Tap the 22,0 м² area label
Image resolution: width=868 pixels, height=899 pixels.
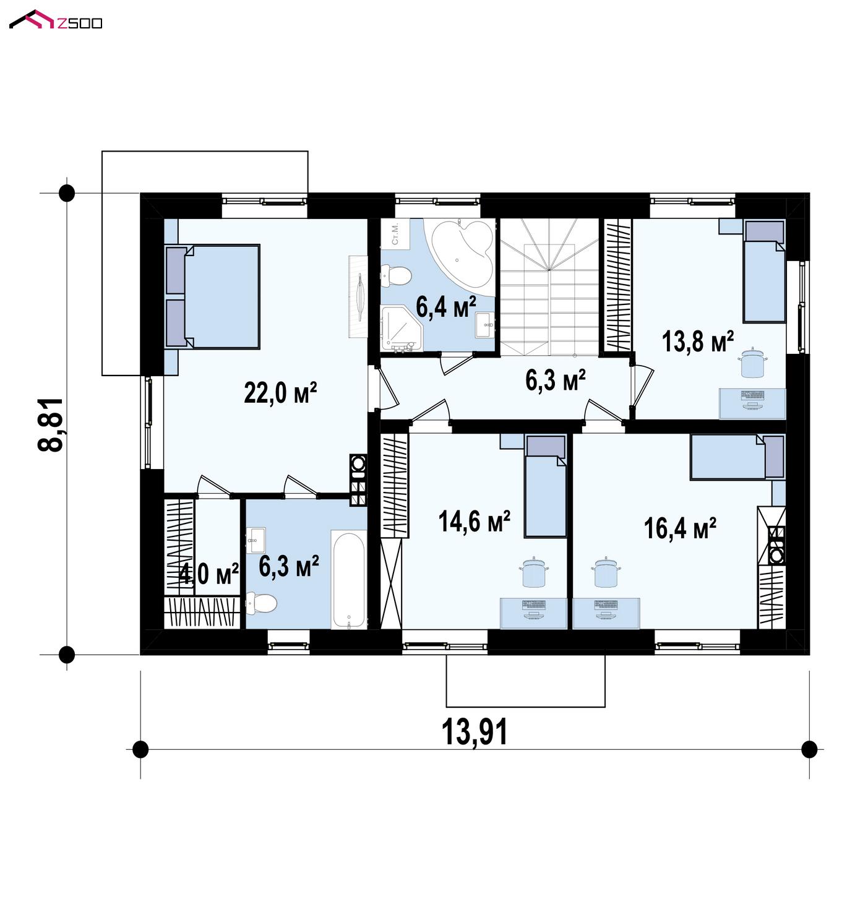click(x=280, y=393)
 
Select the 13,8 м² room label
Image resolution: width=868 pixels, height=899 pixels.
click(x=697, y=342)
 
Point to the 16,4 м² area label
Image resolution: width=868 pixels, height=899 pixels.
click(x=679, y=528)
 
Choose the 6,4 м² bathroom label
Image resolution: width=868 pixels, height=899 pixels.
click(x=446, y=306)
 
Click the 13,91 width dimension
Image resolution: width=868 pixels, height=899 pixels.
click(x=475, y=731)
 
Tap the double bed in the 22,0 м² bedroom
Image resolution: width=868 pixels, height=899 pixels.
click(x=212, y=296)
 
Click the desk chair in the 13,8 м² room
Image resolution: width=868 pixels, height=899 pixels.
click(x=754, y=363)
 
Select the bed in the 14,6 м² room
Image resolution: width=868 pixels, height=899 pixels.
click(x=546, y=486)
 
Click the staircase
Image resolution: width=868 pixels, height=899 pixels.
click(x=549, y=286)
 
